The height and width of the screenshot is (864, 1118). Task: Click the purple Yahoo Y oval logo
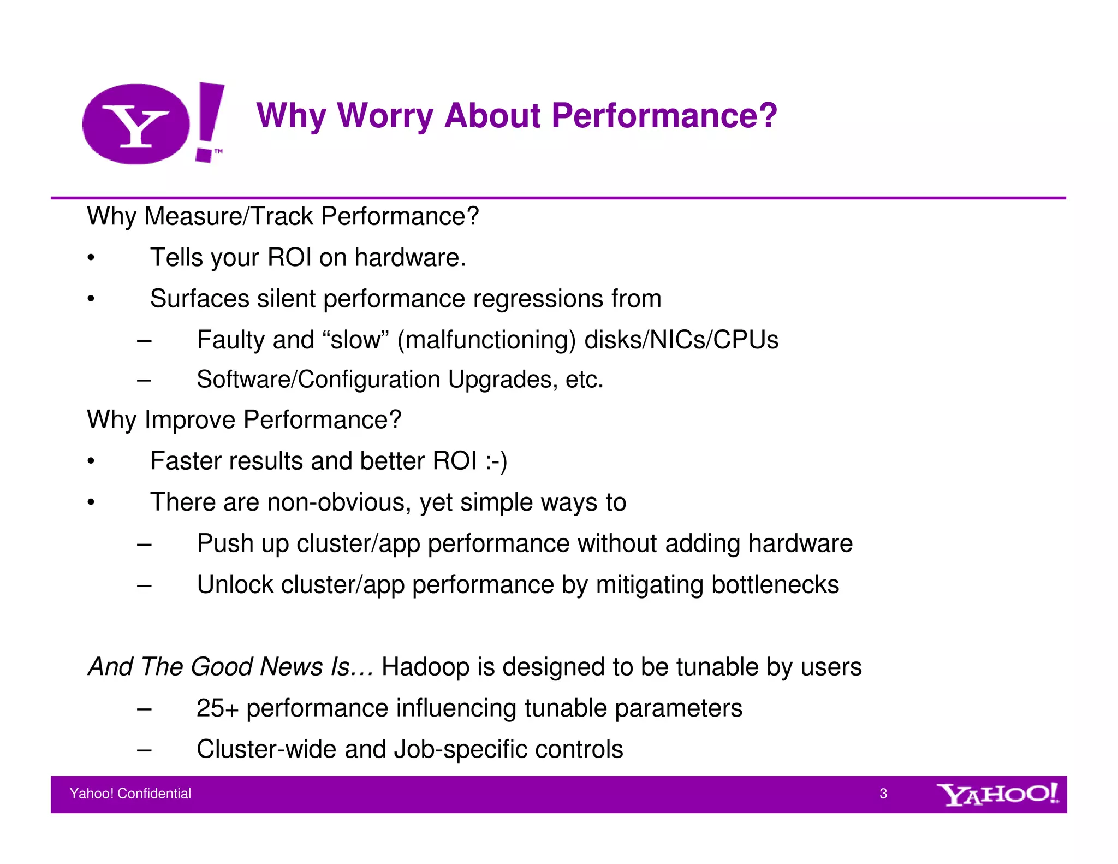pyautogui.click(x=136, y=124)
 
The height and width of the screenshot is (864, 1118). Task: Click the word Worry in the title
pyautogui.click(x=385, y=116)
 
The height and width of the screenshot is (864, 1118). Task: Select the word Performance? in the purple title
pyautogui.click(x=664, y=116)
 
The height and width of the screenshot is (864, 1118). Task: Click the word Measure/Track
pyautogui.click(x=229, y=216)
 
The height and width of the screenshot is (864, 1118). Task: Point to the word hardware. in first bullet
pyautogui.click(x=410, y=257)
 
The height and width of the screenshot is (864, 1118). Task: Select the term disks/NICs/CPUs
pyautogui.click(x=681, y=340)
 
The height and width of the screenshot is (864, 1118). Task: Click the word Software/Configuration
pyautogui.click(x=318, y=380)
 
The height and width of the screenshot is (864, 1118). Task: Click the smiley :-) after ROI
pyautogui.click(x=496, y=461)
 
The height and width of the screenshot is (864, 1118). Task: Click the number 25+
pyautogui.click(x=217, y=708)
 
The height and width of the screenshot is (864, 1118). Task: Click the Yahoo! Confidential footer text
pyautogui.click(x=130, y=794)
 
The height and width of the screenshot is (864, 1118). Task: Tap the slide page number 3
pyautogui.click(x=883, y=794)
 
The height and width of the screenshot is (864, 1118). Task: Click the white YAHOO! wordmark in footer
pyautogui.click(x=997, y=794)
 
